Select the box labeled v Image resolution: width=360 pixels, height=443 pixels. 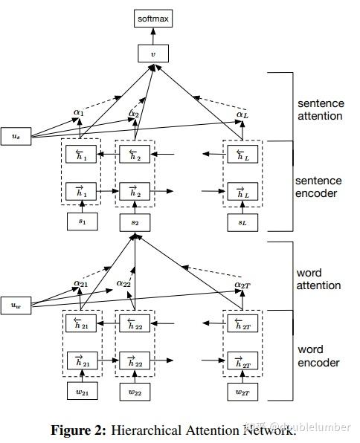[x=153, y=54]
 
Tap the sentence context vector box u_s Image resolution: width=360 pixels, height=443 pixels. [x=15, y=136]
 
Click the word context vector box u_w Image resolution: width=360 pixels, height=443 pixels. [x=15, y=305]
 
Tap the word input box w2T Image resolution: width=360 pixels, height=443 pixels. [x=242, y=391]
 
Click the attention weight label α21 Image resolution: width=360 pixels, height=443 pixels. [x=81, y=282]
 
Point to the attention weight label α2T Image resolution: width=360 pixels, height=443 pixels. [x=242, y=284]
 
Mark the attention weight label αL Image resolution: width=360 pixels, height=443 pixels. [x=242, y=114]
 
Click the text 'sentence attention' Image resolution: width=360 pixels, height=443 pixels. [x=320, y=109]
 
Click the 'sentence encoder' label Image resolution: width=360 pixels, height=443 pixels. [x=318, y=187]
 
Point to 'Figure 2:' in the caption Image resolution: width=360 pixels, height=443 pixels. [x=77, y=430]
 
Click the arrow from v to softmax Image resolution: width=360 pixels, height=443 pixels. [x=153, y=35]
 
